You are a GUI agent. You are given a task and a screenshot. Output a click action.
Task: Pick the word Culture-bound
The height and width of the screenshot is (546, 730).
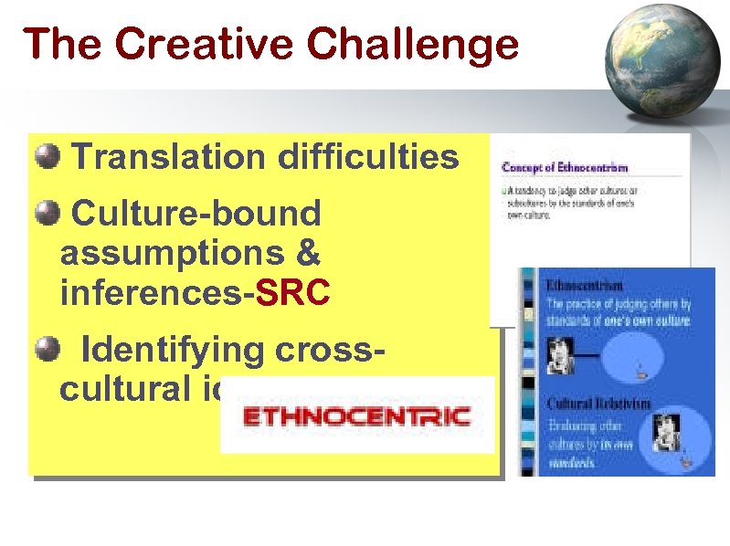click(196, 214)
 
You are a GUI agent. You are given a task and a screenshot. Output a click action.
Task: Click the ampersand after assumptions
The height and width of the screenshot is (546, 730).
click(308, 254)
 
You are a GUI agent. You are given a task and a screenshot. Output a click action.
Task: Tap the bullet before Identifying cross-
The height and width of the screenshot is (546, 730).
click(47, 348)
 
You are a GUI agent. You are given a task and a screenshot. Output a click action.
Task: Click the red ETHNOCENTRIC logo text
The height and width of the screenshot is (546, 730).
click(356, 417)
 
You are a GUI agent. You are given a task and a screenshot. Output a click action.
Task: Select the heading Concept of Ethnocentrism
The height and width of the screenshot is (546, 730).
click(565, 168)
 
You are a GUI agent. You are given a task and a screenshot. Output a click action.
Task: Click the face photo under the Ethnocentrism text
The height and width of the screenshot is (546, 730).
click(556, 355)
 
